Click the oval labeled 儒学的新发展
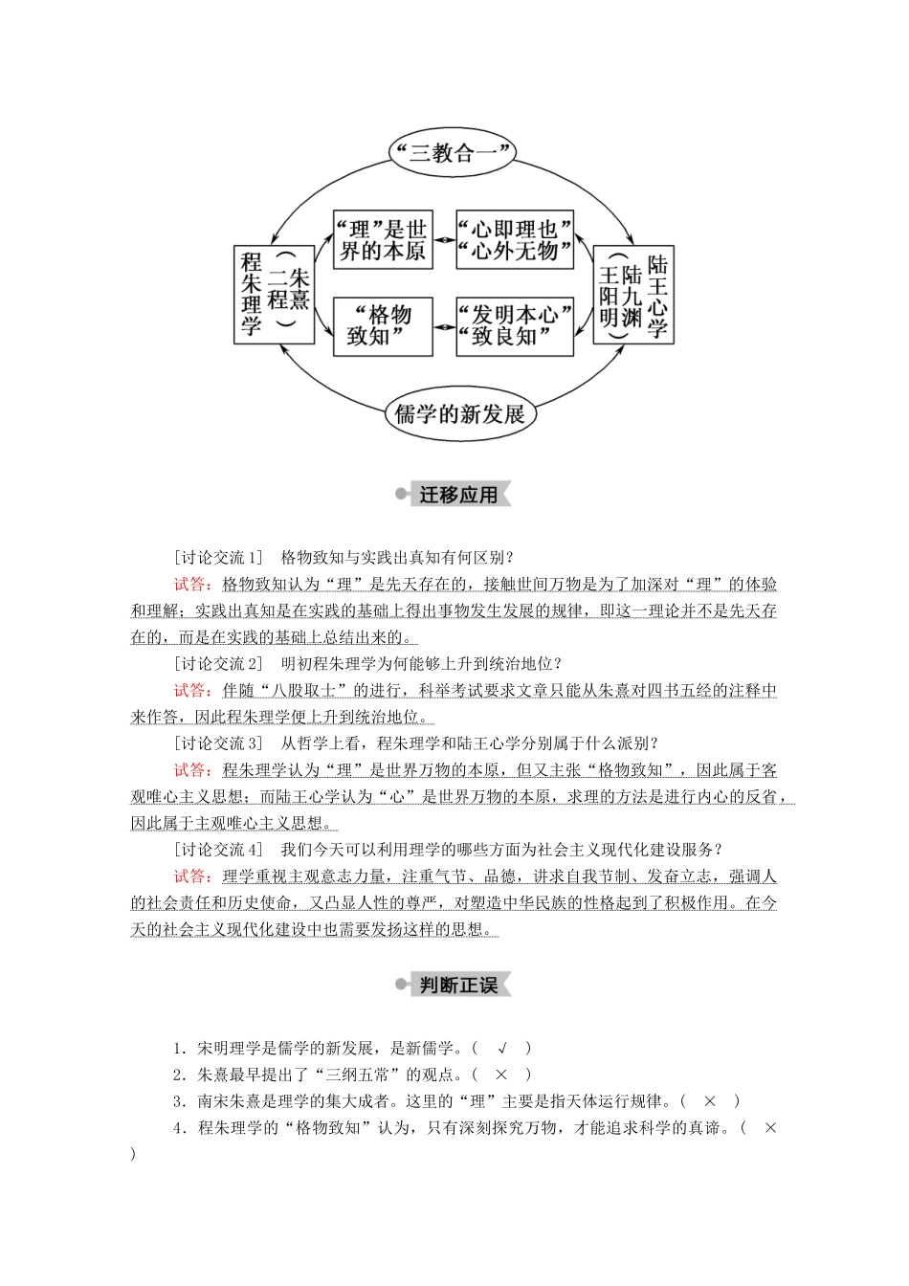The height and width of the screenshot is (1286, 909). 459,414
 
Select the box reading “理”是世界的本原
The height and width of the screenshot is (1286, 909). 383,240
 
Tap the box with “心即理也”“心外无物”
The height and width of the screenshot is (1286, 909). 514,240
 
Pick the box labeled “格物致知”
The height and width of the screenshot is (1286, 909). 383,326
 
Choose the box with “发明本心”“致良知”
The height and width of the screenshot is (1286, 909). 514,326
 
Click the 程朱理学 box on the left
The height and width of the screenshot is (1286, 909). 274,295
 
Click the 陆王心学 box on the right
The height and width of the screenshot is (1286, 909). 632,295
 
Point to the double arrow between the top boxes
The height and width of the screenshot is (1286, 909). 444,240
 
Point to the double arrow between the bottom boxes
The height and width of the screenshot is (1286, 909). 444,326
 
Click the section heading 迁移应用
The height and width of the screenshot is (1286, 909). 458,495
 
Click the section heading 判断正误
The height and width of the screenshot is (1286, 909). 458,985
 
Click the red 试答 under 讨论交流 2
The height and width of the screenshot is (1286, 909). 193,690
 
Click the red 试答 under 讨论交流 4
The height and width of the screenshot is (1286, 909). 193,876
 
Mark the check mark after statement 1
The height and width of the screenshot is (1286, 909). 501,1049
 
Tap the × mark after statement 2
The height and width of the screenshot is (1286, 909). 500,1075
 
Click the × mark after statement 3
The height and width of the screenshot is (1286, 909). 709,1102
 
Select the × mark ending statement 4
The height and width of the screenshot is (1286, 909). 770,1129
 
